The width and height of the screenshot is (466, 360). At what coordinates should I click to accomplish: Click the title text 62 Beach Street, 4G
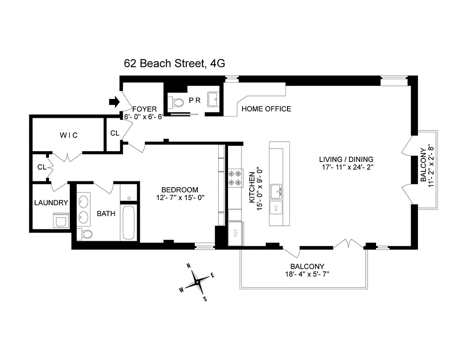pyautogui.click(x=175, y=63)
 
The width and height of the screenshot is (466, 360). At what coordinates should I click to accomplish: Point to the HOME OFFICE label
pyautogui.click(x=266, y=109)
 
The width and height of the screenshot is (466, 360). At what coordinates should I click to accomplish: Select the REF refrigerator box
pyautogui.click(x=235, y=234)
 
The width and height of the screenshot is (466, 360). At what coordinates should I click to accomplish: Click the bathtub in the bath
pyautogui.click(x=128, y=222)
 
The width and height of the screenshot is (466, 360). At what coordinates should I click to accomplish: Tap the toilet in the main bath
pyautogui.click(x=85, y=234)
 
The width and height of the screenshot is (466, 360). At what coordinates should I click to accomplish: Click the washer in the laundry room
pyautogui.click(x=60, y=220)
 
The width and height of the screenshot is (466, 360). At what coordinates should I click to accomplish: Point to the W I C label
pyautogui.click(x=69, y=135)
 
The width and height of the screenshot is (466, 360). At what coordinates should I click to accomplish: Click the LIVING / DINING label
pyautogui.click(x=346, y=159)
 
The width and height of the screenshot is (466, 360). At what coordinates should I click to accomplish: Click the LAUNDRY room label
pyautogui.click(x=51, y=202)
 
